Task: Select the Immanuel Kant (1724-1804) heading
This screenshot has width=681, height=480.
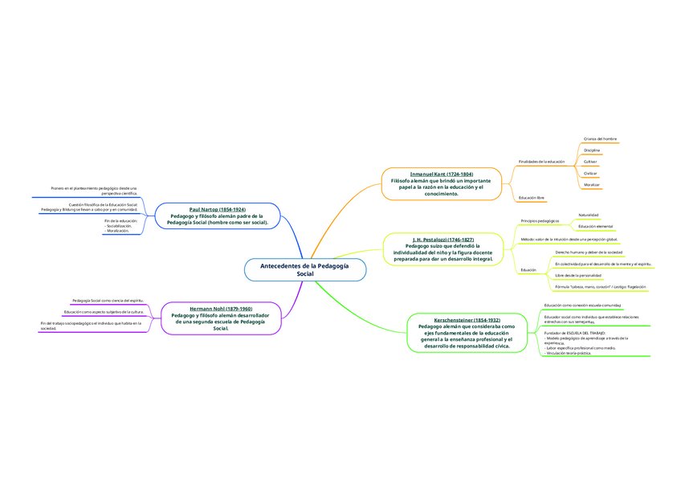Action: [x=441, y=174]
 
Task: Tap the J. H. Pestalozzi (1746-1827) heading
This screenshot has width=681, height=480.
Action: [x=442, y=240]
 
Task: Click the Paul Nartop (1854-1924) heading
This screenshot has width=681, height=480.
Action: [x=217, y=209]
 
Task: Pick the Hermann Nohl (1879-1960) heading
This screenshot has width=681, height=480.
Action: [x=221, y=309]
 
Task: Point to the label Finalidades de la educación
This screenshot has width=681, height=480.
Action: [x=541, y=162]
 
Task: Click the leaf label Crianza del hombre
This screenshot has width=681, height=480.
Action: [x=600, y=139]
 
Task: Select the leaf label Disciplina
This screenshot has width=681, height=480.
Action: [x=592, y=150]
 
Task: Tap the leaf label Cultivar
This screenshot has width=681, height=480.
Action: [x=590, y=162]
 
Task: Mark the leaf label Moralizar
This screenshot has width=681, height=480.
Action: [x=592, y=185]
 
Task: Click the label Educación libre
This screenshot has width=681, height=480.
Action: [x=532, y=197]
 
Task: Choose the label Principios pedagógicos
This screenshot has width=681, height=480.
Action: [x=540, y=220]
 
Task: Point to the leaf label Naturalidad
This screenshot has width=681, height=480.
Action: [x=589, y=215]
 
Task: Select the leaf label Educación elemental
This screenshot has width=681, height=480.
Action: [x=595, y=227]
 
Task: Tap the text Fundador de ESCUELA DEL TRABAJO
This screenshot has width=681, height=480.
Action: [x=574, y=332]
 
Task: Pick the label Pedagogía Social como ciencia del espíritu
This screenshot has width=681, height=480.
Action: [x=108, y=300]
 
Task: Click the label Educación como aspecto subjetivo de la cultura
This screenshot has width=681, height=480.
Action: [x=104, y=311]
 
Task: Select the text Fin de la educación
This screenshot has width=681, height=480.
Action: [x=121, y=220]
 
